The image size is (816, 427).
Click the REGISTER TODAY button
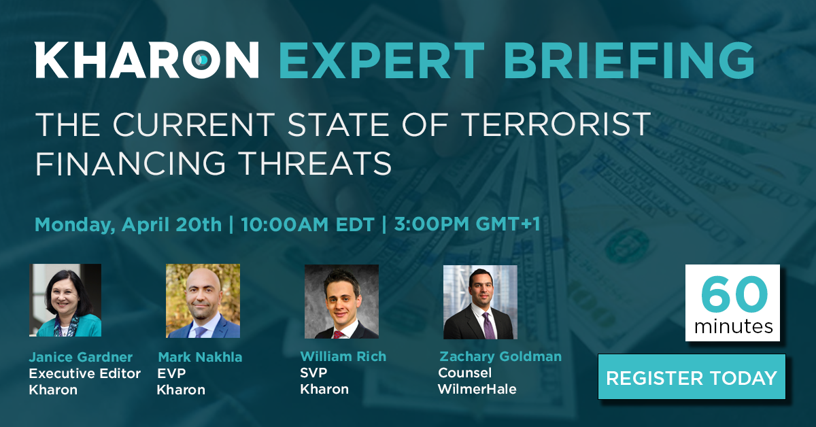coord(692,377)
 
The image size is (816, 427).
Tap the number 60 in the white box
coord(734,294)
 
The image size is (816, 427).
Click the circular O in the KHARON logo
coord(201,60)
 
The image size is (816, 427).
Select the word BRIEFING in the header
coord(628,60)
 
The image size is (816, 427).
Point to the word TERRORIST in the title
coord(558,124)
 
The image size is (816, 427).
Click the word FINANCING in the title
coord(131,163)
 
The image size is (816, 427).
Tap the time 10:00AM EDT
coord(308,224)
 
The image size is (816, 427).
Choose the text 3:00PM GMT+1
coord(467,224)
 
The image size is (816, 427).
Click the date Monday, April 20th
coord(129,225)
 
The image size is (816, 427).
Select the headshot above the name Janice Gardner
coord(65,301)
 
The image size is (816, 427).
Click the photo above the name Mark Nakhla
coord(203,301)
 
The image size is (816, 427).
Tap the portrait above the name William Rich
coord(341,302)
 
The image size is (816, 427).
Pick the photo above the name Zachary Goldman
coord(480,302)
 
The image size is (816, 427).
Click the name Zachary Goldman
coord(500,356)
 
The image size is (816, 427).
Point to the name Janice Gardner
coord(80,357)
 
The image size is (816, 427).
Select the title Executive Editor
coord(84,373)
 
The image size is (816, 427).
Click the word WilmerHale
coord(477,389)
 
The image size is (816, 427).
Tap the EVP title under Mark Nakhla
coord(171,373)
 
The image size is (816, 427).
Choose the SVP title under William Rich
coord(313,373)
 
